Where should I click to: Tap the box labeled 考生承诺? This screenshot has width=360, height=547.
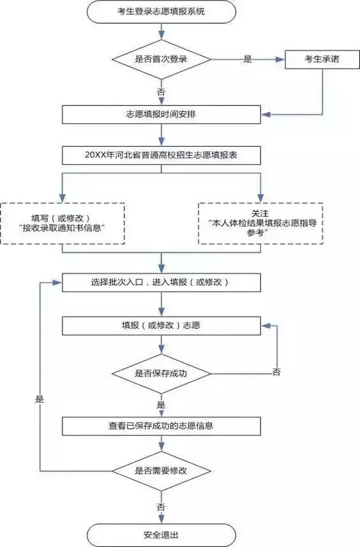pyautogui.click(x=313, y=59)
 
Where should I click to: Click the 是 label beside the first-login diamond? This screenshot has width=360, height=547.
pyautogui.click(x=248, y=59)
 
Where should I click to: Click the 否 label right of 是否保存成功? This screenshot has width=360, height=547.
pyautogui.click(x=276, y=371)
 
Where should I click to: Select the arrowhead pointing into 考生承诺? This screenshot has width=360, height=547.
pyautogui.click(x=280, y=59)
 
